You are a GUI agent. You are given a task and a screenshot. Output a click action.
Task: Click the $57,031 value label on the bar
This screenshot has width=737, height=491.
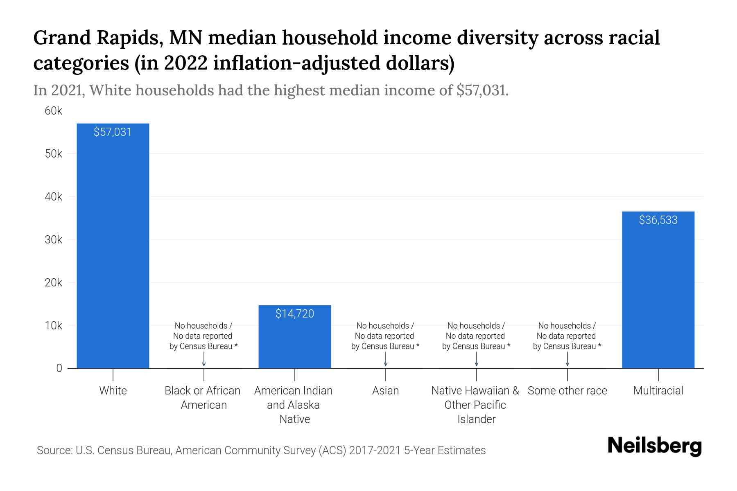[113, 132]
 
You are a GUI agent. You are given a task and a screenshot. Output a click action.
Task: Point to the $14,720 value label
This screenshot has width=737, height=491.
[295, 314]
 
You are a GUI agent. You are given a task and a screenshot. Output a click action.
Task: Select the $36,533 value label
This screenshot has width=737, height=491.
[658, 220]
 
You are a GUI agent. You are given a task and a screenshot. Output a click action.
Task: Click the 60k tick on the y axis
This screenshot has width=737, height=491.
[54, 111]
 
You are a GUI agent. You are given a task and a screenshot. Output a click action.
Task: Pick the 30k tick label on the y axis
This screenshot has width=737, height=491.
[54, 240]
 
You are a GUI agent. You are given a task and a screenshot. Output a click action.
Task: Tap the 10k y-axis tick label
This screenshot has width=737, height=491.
[54, 326]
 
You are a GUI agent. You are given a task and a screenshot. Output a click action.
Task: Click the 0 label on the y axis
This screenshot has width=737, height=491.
[59, 368]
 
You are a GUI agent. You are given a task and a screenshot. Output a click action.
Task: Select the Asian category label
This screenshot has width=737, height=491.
[385, 391]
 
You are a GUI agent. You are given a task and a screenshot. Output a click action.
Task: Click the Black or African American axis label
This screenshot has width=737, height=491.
[203, 398]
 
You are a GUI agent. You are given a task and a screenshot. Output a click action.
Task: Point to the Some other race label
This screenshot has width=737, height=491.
[567, 391]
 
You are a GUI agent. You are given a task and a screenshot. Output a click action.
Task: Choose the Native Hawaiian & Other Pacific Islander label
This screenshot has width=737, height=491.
[475, 405]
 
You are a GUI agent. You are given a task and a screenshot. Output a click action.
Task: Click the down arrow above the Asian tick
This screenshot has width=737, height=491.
[385, 359]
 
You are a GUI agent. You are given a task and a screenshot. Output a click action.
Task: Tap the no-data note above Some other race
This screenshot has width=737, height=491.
[567, 336]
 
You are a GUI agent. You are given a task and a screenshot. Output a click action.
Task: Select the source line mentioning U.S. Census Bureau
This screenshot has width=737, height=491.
[261, 450]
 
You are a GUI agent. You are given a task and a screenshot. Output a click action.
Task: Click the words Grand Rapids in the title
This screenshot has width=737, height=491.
[97, 38]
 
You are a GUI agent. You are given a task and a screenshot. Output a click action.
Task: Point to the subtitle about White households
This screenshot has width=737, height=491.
[271, 90]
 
